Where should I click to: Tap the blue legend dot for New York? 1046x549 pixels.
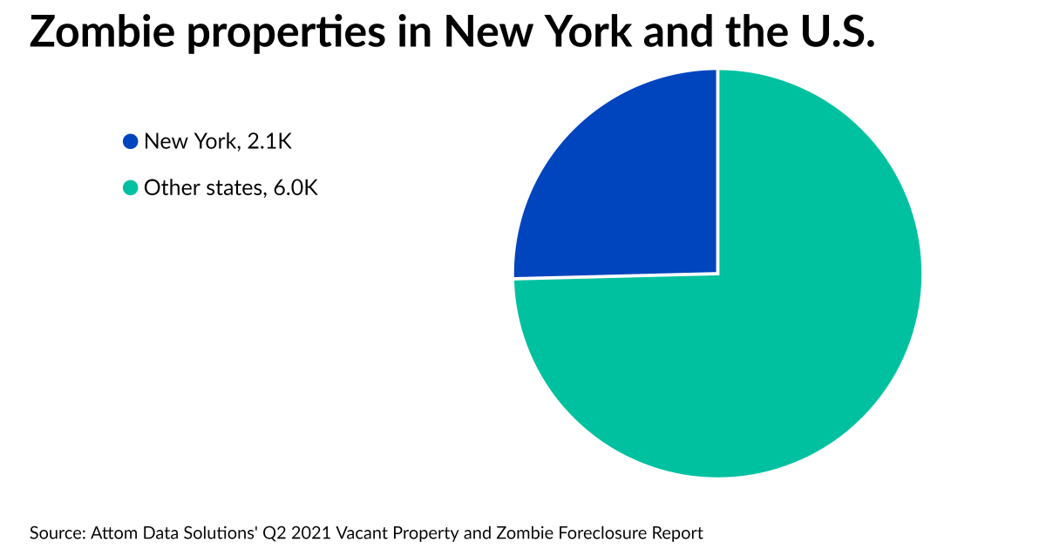(131, 141)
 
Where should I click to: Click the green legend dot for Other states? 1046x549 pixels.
(131, 187)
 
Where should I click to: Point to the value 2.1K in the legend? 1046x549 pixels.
(269, 141)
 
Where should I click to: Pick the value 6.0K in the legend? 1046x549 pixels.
(295, 187)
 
